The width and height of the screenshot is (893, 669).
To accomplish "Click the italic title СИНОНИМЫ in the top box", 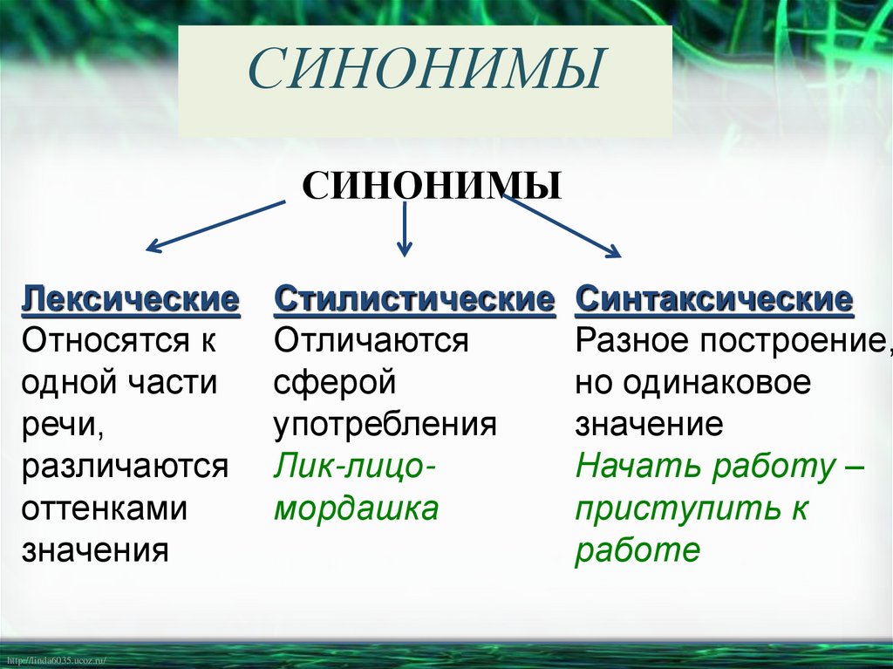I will click(426, 71).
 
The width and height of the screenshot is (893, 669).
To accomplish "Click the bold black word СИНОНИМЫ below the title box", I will click(432, 186).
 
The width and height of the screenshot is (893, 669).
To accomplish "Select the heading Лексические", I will click(131, 300).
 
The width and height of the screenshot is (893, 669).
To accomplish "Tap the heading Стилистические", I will click(414, 300).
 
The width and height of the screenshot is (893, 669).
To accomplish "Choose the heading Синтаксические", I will click(713, 300).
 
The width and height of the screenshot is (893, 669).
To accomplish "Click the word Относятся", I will click(98, 341).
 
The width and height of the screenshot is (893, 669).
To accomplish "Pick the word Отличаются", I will click(372, 341).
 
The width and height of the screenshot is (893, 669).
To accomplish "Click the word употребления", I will click(385, 425).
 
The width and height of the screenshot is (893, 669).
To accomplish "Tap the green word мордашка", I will click(356, 509).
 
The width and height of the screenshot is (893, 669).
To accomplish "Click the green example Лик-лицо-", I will click(355, 467).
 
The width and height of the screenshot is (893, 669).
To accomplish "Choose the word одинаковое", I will click(724, 383).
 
